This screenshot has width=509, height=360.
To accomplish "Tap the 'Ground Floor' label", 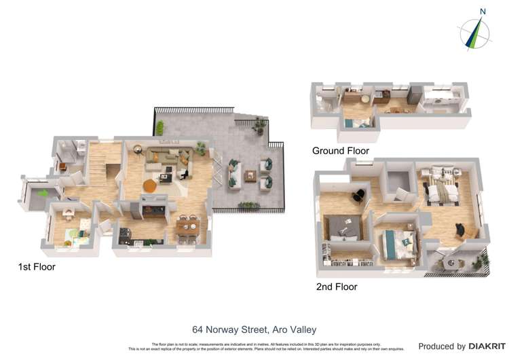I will point(340,151).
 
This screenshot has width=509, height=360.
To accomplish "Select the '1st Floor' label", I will point(36,267).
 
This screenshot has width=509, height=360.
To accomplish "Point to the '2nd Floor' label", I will point(337,287).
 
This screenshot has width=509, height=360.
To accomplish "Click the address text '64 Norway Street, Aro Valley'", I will point(254,330).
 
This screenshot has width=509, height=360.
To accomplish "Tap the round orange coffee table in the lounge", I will point(151,184).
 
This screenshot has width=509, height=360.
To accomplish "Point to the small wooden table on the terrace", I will point(250,175).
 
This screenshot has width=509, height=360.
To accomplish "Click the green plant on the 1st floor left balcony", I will point(42,194).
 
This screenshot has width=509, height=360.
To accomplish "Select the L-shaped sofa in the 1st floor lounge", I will point(166,158).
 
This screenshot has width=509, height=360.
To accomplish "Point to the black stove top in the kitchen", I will point(126,236).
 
